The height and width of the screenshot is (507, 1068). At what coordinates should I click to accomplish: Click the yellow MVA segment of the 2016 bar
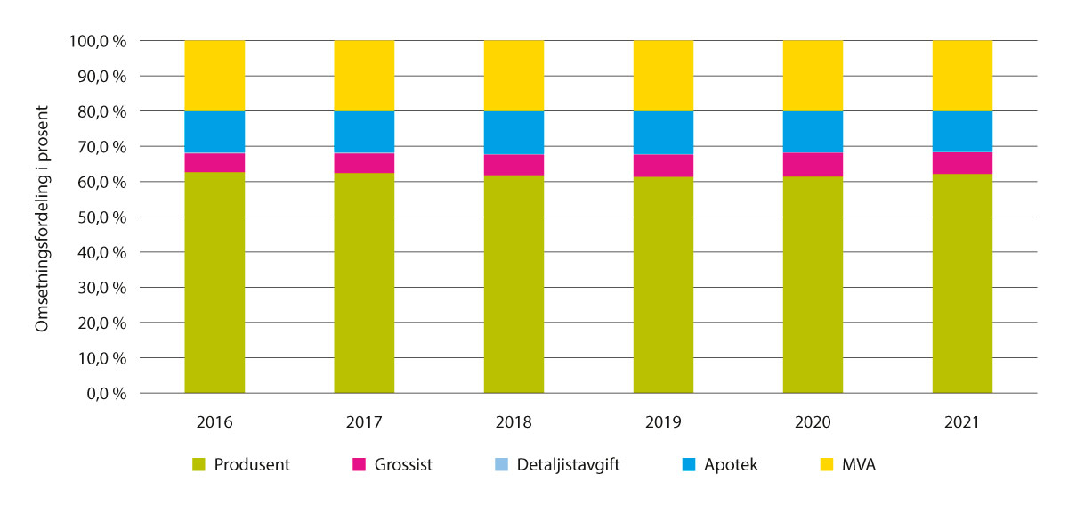point(214,76)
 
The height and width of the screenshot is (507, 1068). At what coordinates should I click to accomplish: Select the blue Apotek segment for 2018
point(514,133)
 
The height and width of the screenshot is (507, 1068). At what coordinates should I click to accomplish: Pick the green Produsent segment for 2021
point(962,283)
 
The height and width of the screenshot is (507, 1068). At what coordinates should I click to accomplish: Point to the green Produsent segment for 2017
point(364,282)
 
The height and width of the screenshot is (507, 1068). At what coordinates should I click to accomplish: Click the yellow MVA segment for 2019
point(663,76)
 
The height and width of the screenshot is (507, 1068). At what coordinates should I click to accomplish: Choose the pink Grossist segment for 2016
point(214,162)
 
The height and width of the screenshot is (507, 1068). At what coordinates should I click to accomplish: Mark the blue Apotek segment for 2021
point(962,132)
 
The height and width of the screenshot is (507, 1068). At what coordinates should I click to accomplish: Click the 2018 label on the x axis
point(514,422)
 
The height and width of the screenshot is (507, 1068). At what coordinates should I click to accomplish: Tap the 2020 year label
point(813,422)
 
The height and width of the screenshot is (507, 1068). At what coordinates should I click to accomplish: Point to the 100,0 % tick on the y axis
point(98,41)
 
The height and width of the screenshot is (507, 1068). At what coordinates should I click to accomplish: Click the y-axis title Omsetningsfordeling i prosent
point(41,217)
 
